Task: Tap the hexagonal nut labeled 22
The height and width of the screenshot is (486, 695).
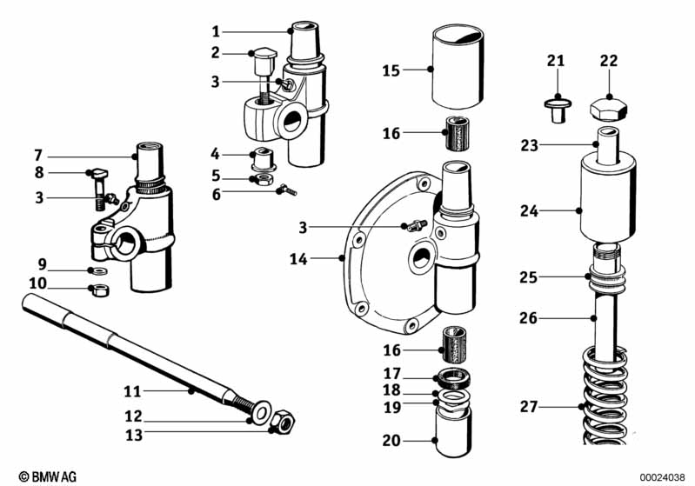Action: coord(610,110)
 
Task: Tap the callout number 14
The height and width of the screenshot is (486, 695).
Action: coord(322,258)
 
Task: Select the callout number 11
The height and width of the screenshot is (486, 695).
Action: coord(131,392)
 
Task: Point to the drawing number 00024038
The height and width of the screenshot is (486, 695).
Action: coord(664,476)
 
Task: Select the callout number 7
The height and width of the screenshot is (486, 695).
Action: coord(38,156)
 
